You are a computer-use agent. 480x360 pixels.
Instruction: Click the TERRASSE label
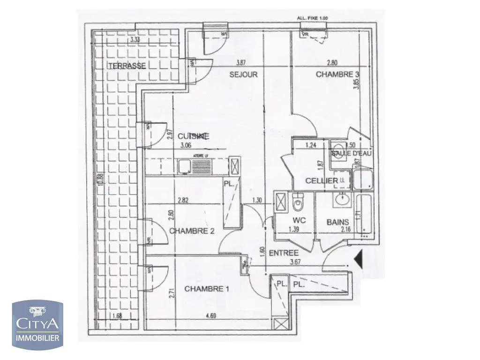127,66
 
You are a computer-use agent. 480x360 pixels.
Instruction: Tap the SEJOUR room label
243,75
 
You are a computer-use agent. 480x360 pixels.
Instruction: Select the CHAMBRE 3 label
334,75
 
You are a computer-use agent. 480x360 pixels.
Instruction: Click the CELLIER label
322,181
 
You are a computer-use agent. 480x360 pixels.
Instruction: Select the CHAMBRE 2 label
188,231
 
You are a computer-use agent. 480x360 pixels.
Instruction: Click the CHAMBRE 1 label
206,289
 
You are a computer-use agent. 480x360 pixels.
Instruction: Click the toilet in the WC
297,203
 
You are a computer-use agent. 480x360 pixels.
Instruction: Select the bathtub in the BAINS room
364,215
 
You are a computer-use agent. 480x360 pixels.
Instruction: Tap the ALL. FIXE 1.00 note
312,18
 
